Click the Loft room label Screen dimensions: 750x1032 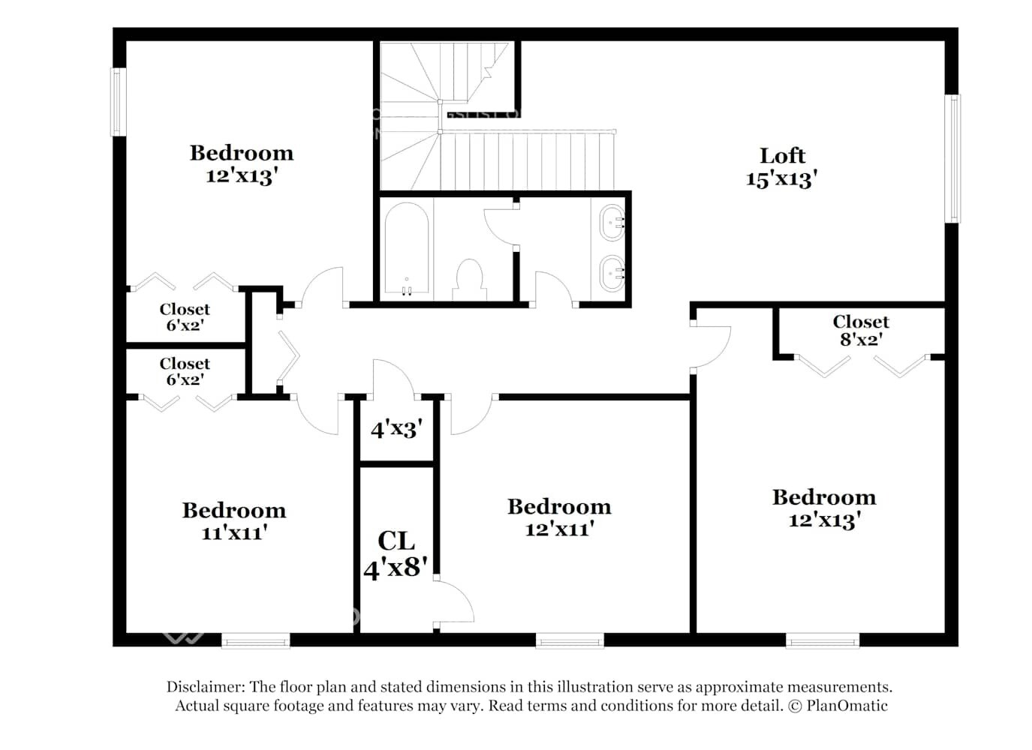pyautogui.click(x=782, y=156)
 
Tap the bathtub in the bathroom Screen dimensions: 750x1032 pyautogui.click(x=406, y=247)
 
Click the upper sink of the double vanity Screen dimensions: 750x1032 pyautogui.click(x=612, y=223)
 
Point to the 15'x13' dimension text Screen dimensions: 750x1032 pyautogui.click(x=781, y=179)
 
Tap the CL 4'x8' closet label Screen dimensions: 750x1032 pyautogui.click(x=396, y=553)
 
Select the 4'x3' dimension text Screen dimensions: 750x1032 pyautogui.click(x=396, y=429)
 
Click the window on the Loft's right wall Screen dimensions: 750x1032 pyautogui.click(x=952, y=158)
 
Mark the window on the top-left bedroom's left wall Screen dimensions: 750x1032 pyautogui.click(x=119, y=102)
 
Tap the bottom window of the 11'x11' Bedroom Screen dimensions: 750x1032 pyautogui.click(x=255, y=640)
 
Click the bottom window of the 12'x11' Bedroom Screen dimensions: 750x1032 pyautogui.click(x=570, y=640)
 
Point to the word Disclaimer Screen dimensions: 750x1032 pyautogui.click(x=205, y=686)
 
